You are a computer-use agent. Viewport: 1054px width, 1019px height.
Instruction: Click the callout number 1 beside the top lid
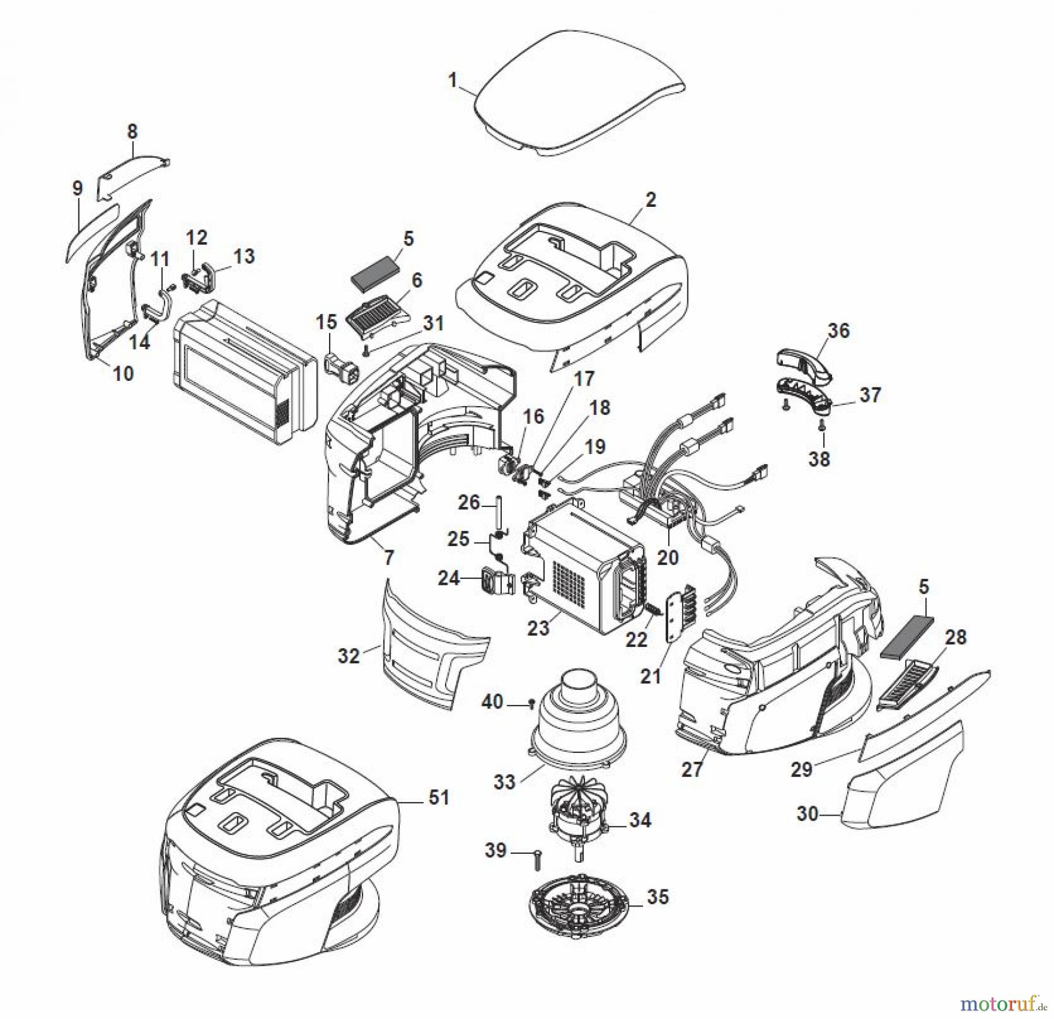[x=452, y=80]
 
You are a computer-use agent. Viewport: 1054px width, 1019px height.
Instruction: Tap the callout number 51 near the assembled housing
[x=439, y=798]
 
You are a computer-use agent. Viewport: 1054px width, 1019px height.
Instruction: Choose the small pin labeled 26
[x=501, y=511]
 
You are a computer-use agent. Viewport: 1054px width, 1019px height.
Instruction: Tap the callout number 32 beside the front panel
[x=349, y=655]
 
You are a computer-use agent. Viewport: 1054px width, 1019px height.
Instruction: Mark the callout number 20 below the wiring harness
[x=668, y=557]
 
